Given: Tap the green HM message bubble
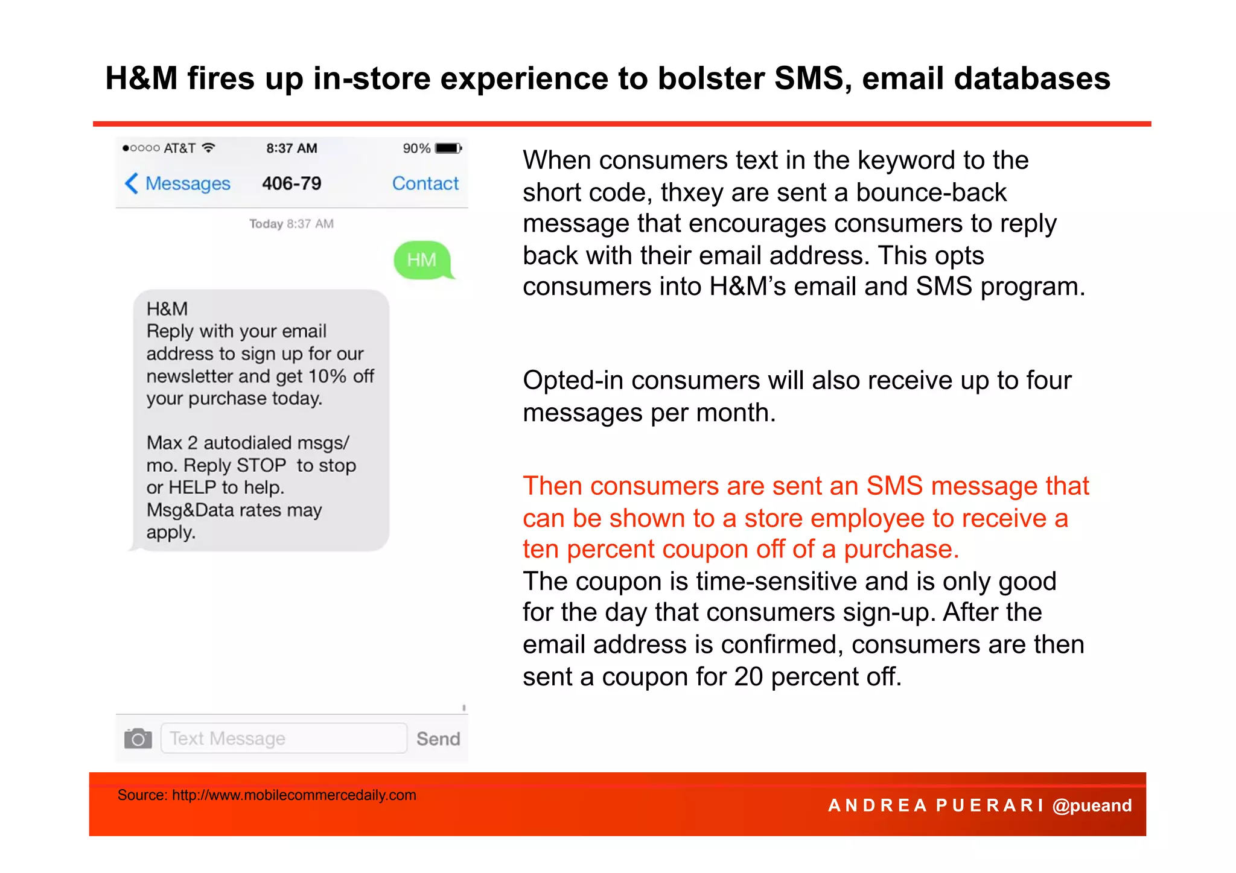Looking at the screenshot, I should (422, 260).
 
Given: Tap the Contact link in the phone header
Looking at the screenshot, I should (425, 183).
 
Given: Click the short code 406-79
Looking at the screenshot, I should (291, 183).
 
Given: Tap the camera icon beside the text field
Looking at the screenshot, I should (138, 738).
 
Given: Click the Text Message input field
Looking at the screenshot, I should (284, 738).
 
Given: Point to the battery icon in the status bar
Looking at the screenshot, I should (448, 148).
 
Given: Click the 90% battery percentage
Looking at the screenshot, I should (416, 148).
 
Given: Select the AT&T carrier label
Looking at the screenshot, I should (179, 148).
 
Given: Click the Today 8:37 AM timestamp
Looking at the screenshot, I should (291, 224).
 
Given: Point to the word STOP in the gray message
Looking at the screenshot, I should (261, 466).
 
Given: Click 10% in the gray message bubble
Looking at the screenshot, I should (327, 376).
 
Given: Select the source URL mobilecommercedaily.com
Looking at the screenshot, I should (294, 795).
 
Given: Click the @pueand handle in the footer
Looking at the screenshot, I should (1092, 805).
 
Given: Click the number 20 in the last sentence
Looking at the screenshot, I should (748, 677).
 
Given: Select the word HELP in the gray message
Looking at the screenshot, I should (193, 487).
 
